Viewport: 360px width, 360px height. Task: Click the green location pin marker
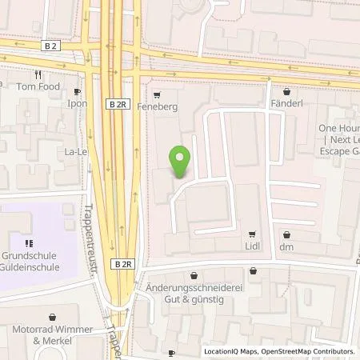tap(181, 162)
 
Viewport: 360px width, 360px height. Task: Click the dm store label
tap(286, 248)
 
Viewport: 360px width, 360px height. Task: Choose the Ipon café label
tap(78, 105)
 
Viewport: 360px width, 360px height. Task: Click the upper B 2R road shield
tap(116, 103)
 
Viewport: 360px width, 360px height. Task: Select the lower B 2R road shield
tap(122, 263)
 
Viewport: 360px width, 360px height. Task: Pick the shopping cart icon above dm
tap(286, 234)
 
